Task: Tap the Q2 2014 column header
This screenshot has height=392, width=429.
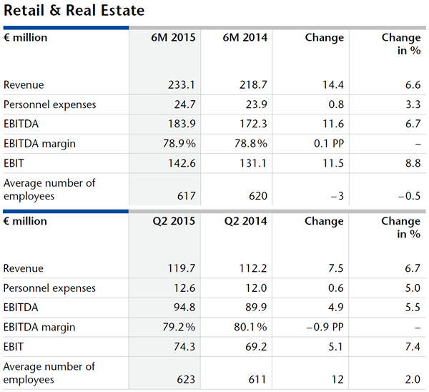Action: click(246, 222)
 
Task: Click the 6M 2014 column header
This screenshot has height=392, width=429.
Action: click(246, 38)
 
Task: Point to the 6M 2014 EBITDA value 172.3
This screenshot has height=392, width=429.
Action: click(254, 124)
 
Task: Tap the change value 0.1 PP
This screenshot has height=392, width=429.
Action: click(327, 144)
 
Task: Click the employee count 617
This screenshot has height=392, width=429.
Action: click(186, 196)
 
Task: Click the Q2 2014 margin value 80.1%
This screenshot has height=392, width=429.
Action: click(250, 328)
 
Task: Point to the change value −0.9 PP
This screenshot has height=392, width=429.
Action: click(322, 328)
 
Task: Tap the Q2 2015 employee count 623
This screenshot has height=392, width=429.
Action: click(186, 380)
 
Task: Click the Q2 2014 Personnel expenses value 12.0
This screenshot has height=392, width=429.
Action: click(256, 288)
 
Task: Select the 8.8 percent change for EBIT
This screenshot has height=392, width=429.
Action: click(412, 163)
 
